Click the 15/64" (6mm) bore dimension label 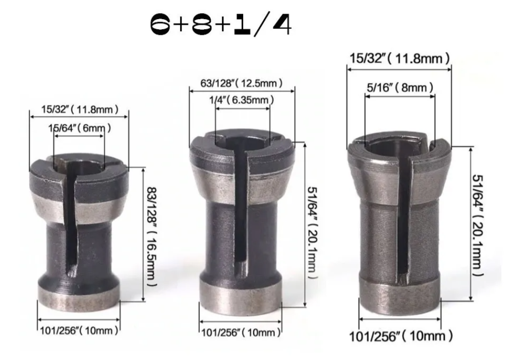80,128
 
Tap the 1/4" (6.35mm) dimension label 242,100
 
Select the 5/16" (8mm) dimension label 399,88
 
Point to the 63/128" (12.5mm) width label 242,83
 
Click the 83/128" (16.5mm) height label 150,236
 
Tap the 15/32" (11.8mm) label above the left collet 80,109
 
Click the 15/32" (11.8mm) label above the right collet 399,58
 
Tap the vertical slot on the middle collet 242,212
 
